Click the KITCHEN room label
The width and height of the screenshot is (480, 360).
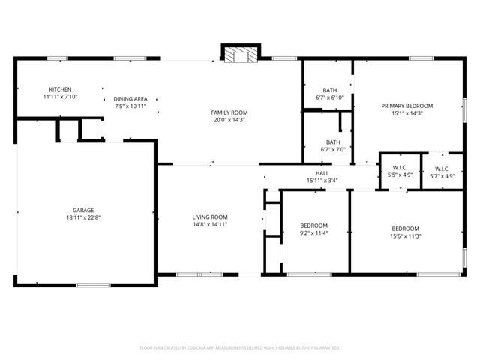(x=60, y=88)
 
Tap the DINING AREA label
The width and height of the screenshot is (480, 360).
(x=130, y=98)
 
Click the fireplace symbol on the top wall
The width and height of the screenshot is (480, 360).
(x=240, y=55)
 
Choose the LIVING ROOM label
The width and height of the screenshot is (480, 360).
(x=209, y=217)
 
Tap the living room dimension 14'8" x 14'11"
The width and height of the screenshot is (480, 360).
(x=209, y=224)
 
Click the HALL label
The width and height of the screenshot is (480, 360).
(x=322, y=172)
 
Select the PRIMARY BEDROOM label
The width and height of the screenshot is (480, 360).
(x=406, y=106)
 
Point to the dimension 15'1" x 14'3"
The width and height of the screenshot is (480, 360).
(x=406, y=113)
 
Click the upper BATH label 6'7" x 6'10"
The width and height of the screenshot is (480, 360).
(x=329, y=90)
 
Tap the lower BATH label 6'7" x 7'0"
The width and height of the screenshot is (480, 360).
(x=333, y=142)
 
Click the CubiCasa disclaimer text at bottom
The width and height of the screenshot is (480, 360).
(x=240, y=348)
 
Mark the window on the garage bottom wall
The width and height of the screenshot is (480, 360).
(x=93, y=284)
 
